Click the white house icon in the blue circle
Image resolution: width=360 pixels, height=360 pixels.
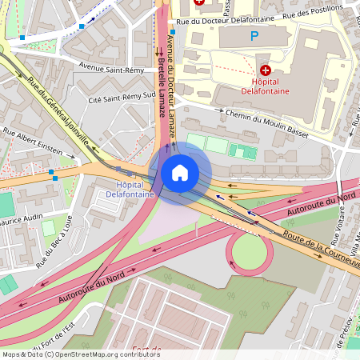(x=180, y=172)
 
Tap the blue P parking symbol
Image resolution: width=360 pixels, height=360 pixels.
(x=255, y=35)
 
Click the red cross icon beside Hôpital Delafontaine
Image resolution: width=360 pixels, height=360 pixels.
(x=265, y=71)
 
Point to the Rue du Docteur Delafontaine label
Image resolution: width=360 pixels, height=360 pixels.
(x=225, y=20)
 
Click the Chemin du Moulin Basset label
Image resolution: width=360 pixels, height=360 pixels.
(x=266, y=119)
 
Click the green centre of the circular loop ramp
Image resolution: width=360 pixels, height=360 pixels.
(x=251, y=254)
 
